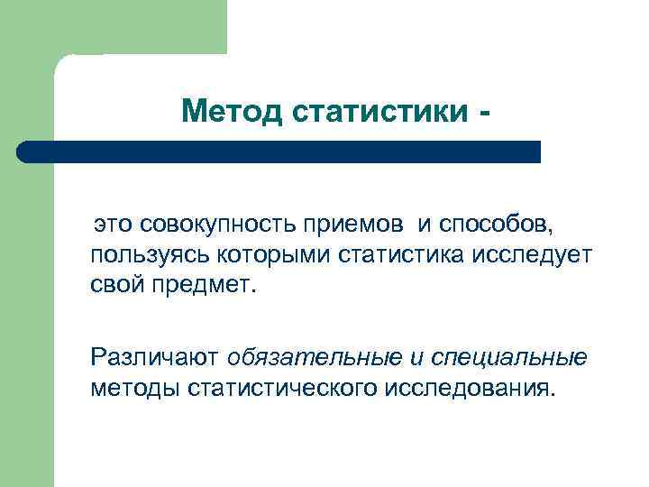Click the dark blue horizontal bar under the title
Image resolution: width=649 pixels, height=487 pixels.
tap(279, 152)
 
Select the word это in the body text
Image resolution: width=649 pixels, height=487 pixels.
tap(115, 222)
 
